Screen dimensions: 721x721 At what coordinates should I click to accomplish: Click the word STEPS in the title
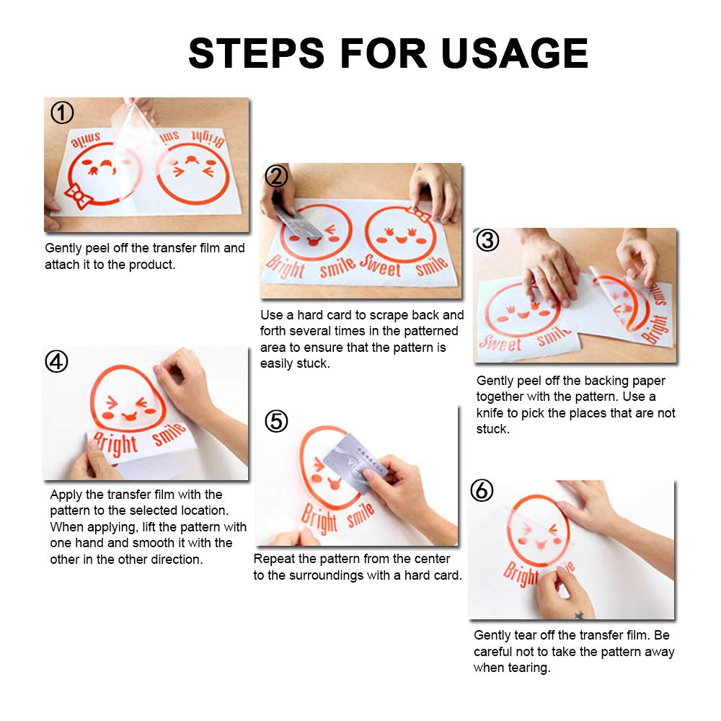click(257, 53)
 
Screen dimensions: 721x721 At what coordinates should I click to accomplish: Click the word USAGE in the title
click(515, 53)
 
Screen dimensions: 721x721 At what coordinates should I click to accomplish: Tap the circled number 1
click(62, 112)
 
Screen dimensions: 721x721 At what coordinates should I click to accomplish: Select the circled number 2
click(276, 176)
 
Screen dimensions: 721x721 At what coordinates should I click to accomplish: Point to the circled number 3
click(487, 240)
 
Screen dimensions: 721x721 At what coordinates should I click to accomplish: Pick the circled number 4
click(56, 361)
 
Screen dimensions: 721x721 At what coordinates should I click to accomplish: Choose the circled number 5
click(276, 421)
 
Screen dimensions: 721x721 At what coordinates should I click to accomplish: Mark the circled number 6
click(482, 490)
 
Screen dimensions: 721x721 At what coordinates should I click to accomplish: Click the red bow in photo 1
click(78, 196)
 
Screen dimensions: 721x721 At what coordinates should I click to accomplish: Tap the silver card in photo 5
click(353, 464)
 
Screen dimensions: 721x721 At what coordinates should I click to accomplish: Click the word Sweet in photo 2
click(380, 266)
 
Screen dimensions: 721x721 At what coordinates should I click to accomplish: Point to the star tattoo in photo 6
click(579, 614)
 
